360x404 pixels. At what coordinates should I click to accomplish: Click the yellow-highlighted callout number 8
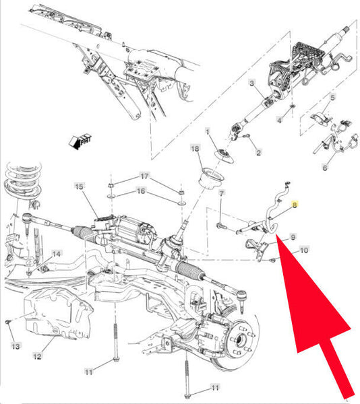tap(294, 205)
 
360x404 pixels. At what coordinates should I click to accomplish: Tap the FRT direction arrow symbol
tap(80, 141)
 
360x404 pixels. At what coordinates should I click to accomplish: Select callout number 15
tap(79, 187)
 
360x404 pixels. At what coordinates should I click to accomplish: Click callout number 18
tap(196, 148)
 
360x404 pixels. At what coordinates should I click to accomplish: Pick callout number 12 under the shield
tap(37, 356)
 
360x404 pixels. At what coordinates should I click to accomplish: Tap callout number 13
tap(16, 346)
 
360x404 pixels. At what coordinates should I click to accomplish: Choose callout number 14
tap(57, 254)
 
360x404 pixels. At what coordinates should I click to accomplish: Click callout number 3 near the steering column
tap(251, 83)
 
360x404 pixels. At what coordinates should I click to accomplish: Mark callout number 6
tap(325, 168)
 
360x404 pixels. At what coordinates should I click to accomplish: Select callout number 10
tap(304, 250)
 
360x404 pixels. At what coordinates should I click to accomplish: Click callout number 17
tap(144, 176)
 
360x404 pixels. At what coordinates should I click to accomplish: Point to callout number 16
tap(141, 191)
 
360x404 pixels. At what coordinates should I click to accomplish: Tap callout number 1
tap(208, 131)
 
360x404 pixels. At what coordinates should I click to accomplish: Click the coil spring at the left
tap(23, 182)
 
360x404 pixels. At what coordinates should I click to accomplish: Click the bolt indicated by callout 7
tap(221, 226)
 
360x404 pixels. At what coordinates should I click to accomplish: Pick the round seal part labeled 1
tap(224, 156)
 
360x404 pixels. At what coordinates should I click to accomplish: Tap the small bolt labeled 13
tap(7, 322)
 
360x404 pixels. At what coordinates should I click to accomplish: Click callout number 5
tap(332, 98)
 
